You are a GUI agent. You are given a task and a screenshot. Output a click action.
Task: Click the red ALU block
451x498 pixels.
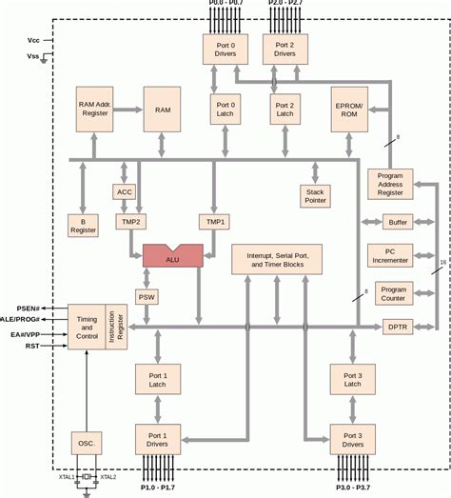(x=172, y=255)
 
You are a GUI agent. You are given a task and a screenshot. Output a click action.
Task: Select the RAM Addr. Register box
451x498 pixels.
(x=95, y=110)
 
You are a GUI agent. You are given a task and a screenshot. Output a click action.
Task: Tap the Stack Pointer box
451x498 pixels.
(x=315, y=195)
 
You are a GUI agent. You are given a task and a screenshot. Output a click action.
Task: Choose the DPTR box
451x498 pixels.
(x=397, y=327)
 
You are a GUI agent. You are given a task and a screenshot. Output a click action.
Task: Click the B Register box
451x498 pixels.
(x=83, y=225)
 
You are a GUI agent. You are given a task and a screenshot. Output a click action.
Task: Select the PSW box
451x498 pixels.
(x=147, y=296)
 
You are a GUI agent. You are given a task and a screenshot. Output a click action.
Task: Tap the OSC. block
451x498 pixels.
(x=87, y=444)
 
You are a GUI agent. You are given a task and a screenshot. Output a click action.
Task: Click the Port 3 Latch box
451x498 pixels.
(x=353, y=380)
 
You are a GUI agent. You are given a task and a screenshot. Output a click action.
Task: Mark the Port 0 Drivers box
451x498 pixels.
(x=225, y=50)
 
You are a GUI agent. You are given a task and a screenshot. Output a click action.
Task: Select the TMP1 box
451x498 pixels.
(x=212, y=221)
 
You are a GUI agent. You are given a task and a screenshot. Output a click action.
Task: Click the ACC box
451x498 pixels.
(x=125, y=191)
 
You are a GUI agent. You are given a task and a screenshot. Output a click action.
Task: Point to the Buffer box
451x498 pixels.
(x=397, y=222)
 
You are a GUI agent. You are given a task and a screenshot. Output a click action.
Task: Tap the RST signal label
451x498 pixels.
(x=31, y=347)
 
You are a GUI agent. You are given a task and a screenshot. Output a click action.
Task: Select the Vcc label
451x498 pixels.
(x=34, y=41)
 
